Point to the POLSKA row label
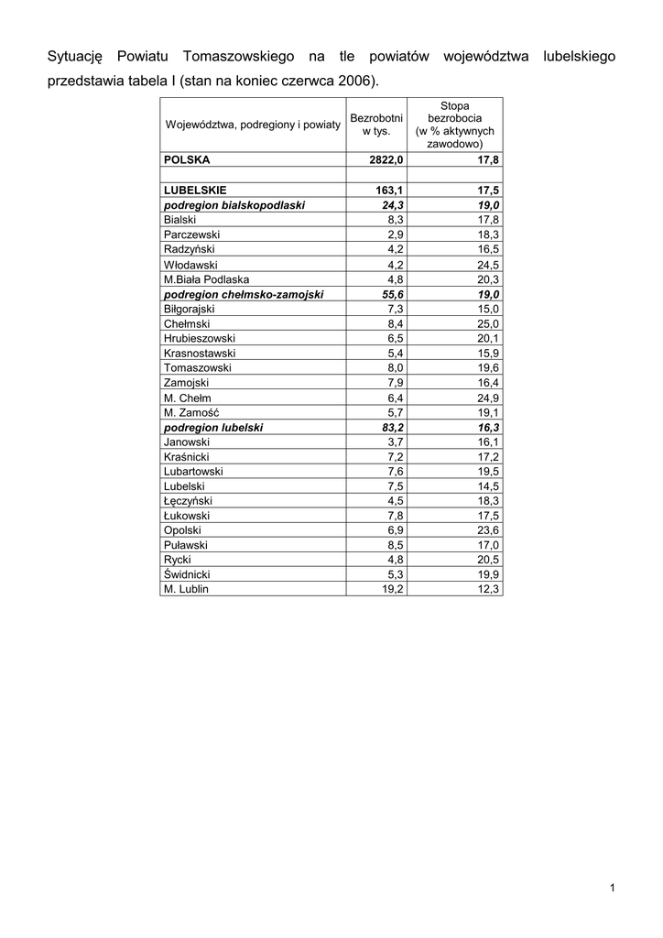click(187, 159)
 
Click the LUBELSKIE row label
click(194, 190)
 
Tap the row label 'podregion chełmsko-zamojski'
click(244, 294)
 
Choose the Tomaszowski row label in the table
click(197, 368)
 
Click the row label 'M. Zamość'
click(192, 412)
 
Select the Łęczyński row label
click(188, 501)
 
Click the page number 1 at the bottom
click(611, 888)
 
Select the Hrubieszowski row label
click(200, 339)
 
